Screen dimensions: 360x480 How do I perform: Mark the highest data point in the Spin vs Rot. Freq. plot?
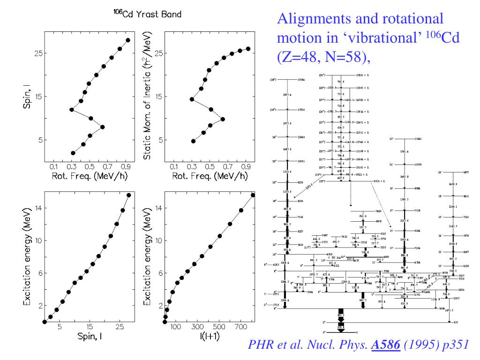click(128, 40)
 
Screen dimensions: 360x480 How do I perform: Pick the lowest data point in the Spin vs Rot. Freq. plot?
click(73, 153)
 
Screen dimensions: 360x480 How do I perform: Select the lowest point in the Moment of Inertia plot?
click(193, 141)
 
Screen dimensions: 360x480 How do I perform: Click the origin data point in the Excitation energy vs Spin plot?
click(45, 322)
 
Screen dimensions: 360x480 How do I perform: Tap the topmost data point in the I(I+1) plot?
click(253, 195)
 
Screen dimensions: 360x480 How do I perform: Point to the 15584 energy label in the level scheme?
click(304, 80)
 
